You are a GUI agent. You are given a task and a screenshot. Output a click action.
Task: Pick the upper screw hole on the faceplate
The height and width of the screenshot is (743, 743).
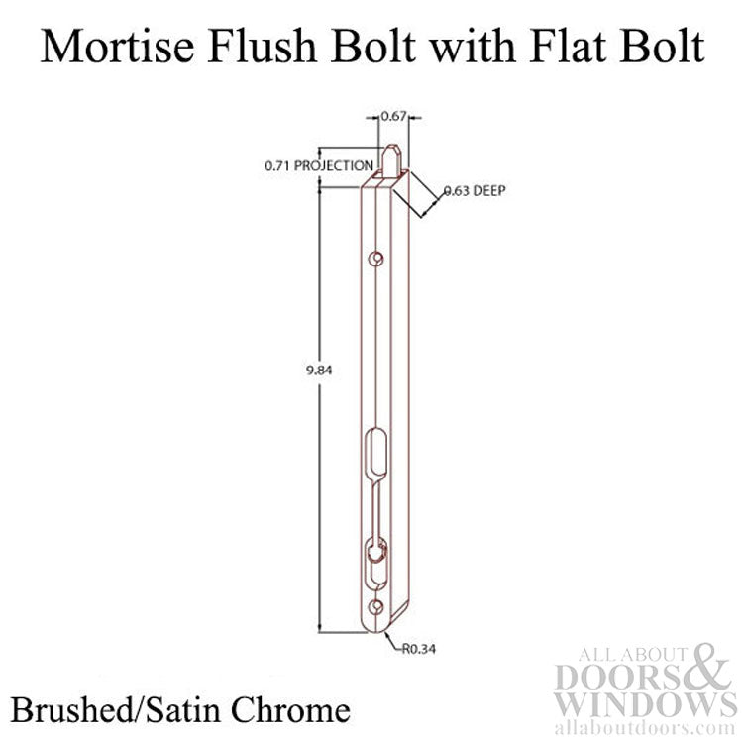tap(375, 259)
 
